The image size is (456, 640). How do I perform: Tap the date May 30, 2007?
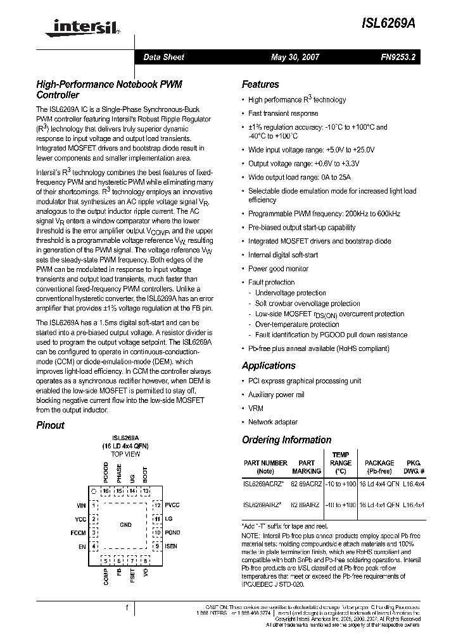(294, 57)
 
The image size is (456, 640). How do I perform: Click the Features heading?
(260, 84)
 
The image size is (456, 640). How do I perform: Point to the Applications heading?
(269, 366)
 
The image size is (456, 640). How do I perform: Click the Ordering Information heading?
(286, 440)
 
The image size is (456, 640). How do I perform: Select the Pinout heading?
(50, 425)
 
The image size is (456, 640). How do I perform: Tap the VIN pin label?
(80, 505)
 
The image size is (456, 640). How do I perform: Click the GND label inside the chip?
(125, 525)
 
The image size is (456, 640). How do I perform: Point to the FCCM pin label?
(78, 532)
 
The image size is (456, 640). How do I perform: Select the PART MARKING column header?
(307, 467)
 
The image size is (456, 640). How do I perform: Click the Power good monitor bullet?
(278, 269)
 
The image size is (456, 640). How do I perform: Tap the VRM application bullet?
(255, 409)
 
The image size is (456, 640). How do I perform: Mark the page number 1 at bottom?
(127, 608)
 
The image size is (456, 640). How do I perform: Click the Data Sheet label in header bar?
(163, 57)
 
